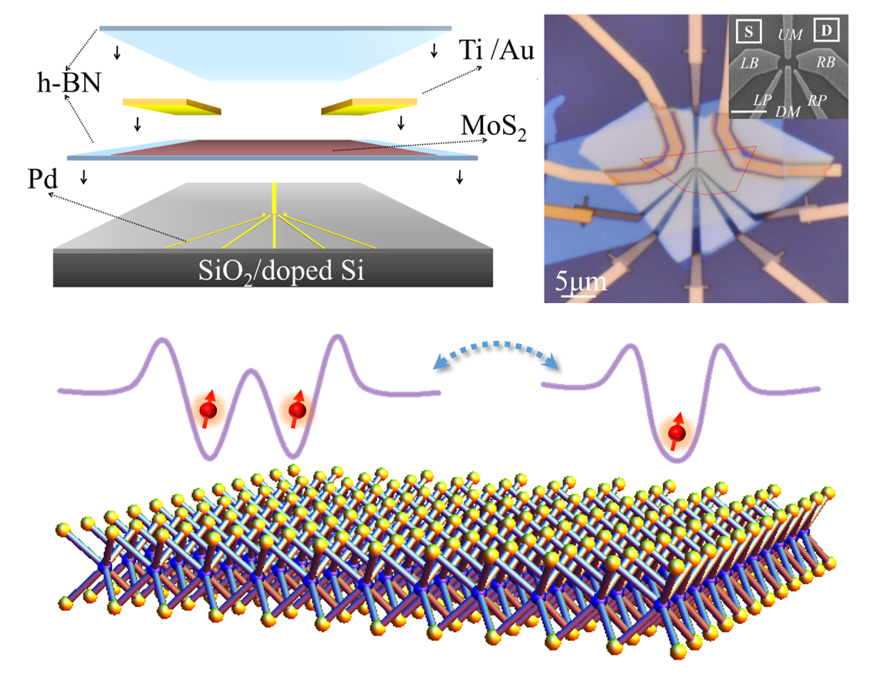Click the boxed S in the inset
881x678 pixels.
(x=748, y=32)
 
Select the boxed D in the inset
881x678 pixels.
(x=826, y=31)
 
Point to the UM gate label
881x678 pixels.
(x=789, y=35)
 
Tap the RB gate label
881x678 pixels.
(x=826, y=62)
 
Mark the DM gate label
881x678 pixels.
(x=788, y=112)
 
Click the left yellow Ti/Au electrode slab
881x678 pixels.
(x=171, y=105)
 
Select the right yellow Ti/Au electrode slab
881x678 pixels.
(x=369, y=105)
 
